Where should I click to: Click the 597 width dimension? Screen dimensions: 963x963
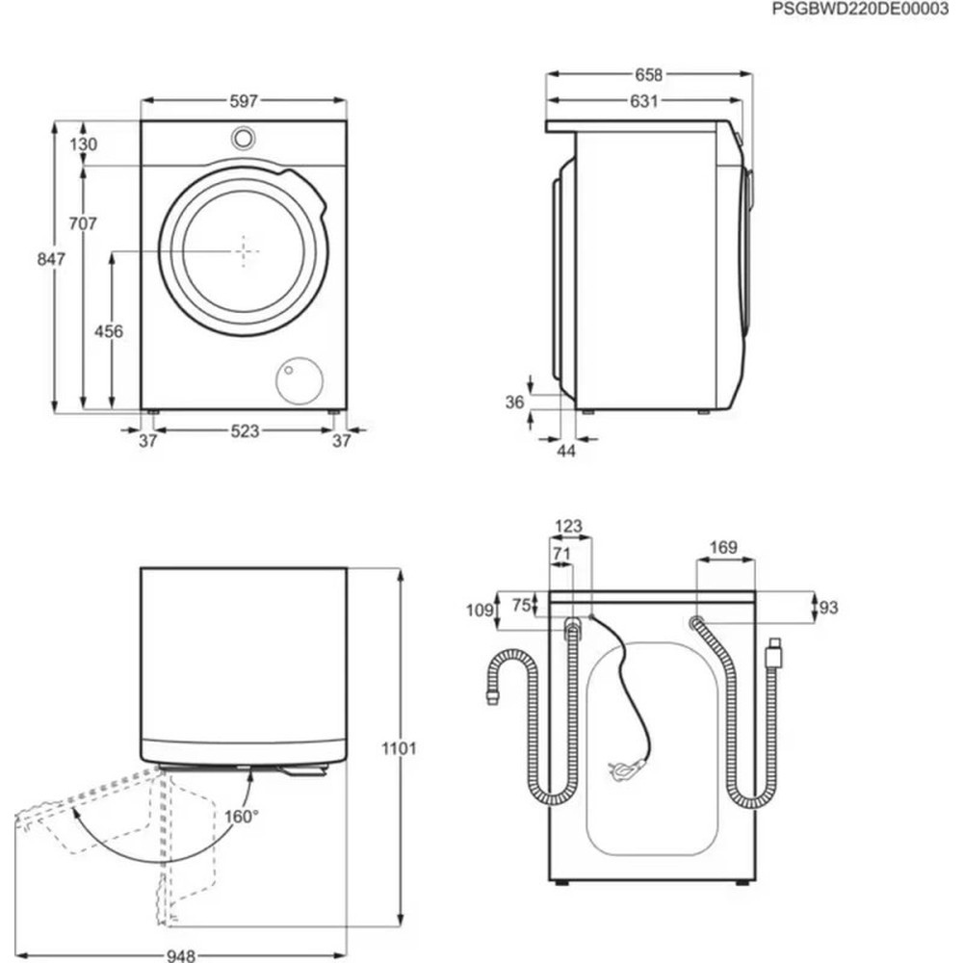(245, 101)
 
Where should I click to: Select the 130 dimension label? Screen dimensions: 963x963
(85, 144)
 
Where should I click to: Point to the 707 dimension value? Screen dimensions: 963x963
(85, 223)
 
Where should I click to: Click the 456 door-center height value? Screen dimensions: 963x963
(109, 331)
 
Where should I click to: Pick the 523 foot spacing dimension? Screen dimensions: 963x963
(245, 431)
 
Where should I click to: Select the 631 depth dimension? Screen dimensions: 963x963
(643, 101)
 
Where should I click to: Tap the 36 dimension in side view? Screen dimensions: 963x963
(516, 403)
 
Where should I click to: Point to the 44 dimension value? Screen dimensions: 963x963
(565, 451)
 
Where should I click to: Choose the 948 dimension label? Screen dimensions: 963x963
(181, 955)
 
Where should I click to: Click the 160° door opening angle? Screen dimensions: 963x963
(241, 817)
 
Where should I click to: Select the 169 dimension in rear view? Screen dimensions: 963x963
(722, 548)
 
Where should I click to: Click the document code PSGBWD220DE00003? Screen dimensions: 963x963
(860, 9)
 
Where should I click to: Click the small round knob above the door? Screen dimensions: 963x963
(244, 138)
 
